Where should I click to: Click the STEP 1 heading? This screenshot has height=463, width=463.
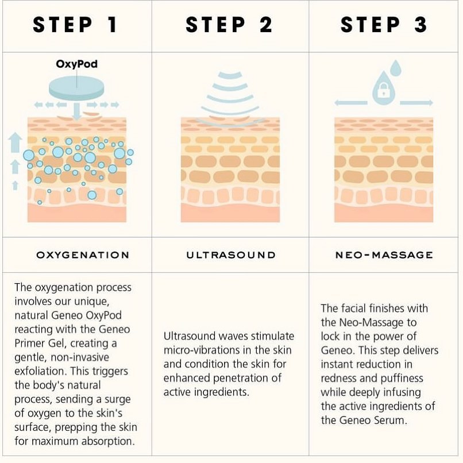point(75,25)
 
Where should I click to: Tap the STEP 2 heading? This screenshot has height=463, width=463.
point(229,25)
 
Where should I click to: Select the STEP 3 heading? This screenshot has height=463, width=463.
point(384,25)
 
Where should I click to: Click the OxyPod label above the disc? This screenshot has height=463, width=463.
point(77,64)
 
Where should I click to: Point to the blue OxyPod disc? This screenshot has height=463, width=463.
point(76,88)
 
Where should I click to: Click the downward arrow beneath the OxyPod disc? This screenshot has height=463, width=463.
point(77,111)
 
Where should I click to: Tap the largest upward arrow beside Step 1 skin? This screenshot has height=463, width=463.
point(15,142)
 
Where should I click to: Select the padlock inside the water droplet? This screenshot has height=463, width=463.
point(383,90)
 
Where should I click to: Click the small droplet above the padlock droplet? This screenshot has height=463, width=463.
point(395,68)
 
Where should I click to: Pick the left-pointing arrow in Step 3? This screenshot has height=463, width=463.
point(351,103)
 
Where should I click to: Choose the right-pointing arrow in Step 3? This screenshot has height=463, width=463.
point(416,103)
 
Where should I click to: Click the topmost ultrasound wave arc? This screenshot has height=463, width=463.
point(230,76)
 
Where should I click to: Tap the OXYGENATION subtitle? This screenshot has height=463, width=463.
point(83,255)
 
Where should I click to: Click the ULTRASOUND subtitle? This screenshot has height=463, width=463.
point(231,255)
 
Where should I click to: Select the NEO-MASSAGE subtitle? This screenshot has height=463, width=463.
point(384,255)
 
